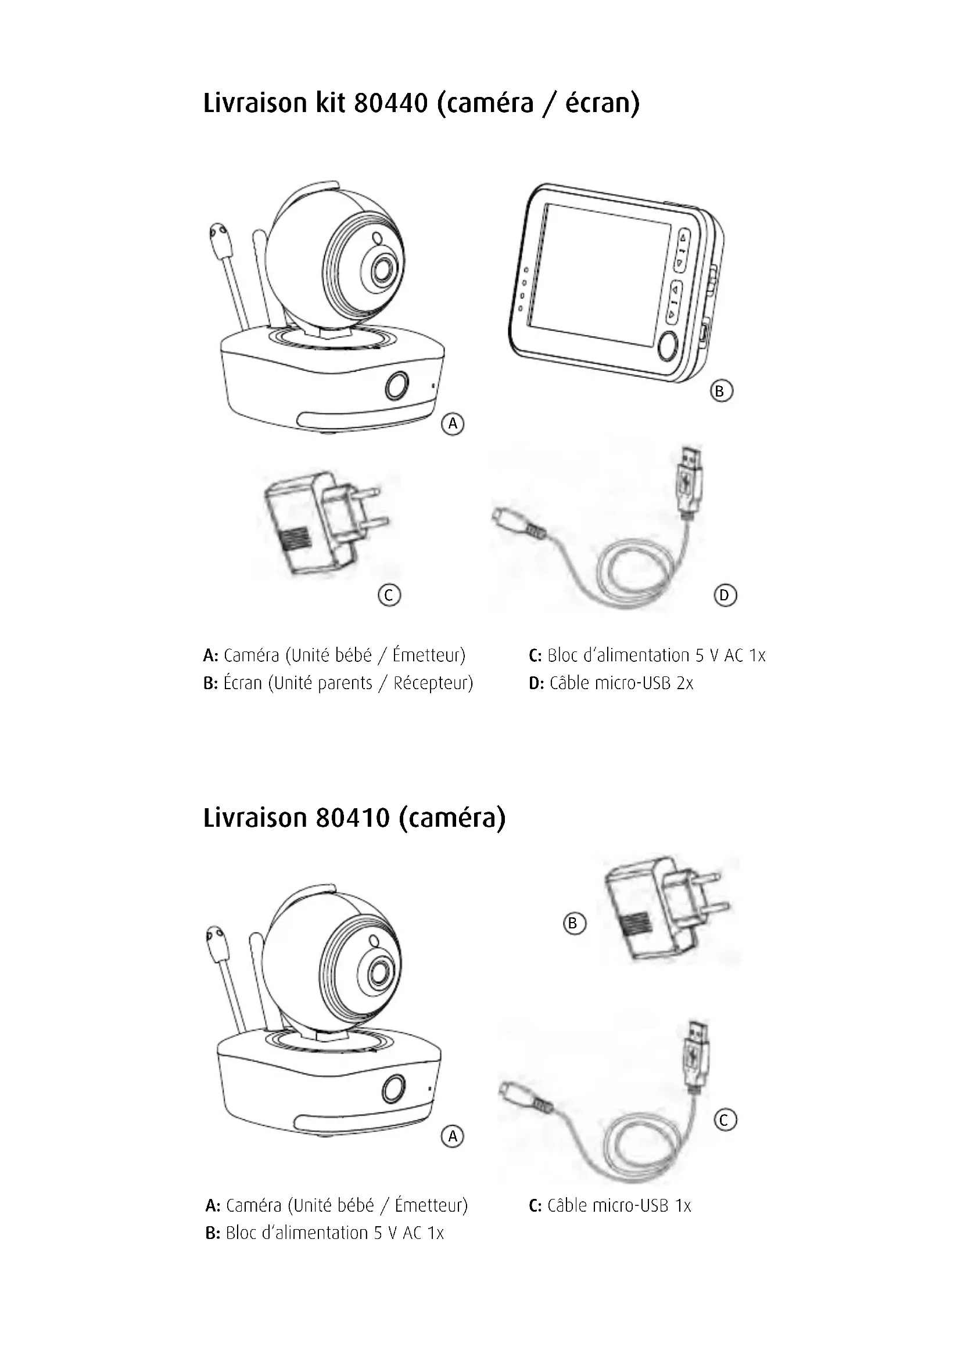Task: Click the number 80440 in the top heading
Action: point(390,103)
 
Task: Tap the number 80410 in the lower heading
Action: point(353,818)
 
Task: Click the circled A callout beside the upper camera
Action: point(453,423)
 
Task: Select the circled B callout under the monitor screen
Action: point(720,391)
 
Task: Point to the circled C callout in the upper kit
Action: point(389,595)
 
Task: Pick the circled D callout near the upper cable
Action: point(725,595)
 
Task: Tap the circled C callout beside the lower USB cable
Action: point(726,1119)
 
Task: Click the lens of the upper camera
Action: point(383,270)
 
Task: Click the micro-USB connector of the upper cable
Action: point(504,517)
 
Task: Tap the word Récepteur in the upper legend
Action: point(433,683)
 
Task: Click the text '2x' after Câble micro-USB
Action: point(684,683)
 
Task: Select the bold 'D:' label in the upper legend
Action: point(536,683)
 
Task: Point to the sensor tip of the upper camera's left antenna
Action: point(220,239)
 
